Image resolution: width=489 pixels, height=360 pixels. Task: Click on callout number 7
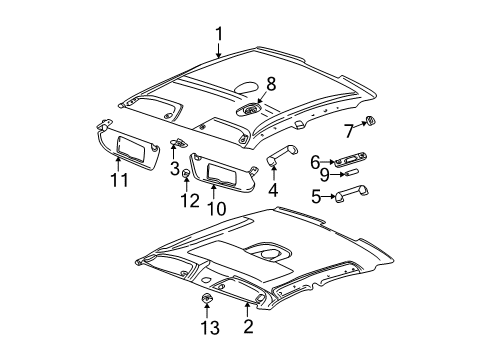(349, 130)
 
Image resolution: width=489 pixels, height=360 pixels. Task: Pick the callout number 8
(270, 86)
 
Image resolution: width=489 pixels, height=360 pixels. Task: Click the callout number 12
(184, 201)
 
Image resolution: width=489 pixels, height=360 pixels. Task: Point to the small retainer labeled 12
(186, 178)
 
